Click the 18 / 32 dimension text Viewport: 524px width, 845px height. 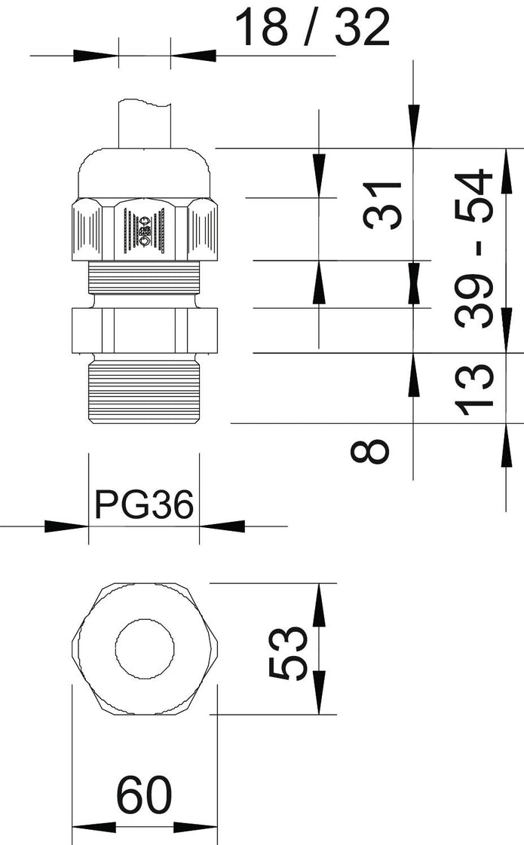[x=313, y=29]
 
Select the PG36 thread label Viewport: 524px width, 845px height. [x=144, y=504]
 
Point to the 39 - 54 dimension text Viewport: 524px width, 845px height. [x=476, y=249]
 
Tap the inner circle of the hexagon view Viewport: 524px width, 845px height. [x=145, y=648]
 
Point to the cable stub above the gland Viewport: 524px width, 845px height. [x=145, y=124]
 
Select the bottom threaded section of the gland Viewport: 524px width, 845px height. [x=144, y=391]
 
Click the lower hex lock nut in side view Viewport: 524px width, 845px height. [x=144, y=330]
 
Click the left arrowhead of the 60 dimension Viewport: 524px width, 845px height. [x=93, y=827]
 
